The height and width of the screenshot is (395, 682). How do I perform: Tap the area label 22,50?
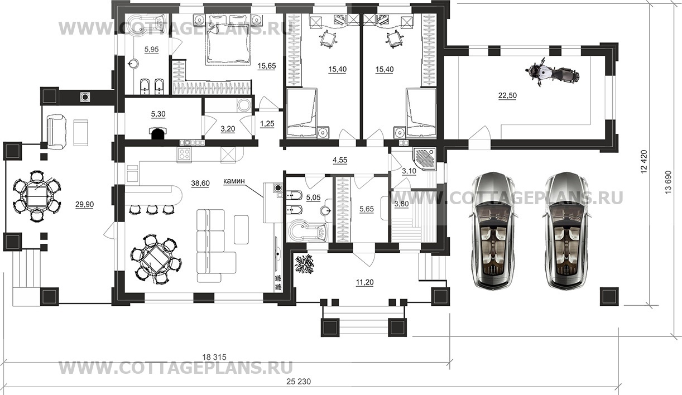click(507, 95)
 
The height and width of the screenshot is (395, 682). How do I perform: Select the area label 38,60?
click(200, 183)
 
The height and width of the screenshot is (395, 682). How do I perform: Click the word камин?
click(234, 181)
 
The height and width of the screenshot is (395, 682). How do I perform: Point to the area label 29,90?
click(84, 205)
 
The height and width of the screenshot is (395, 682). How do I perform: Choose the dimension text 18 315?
click(214, 357)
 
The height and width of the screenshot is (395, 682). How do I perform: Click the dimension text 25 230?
click(299, 381)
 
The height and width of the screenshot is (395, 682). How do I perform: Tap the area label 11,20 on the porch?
click(365, 283)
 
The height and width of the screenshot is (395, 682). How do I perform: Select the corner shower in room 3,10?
click(425, 159)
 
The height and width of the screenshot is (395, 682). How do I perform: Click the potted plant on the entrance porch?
click(304, 264)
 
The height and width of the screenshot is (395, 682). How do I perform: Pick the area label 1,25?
click(267, 124)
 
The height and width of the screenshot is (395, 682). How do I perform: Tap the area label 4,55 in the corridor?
click(340, 160)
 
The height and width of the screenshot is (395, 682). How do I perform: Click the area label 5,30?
click(159, 114)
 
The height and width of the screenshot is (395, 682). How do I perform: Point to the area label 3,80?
click(402, 204)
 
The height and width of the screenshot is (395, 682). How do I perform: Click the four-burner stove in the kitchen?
click(184, 155)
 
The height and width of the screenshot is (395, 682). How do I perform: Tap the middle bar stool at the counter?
click(152, 210)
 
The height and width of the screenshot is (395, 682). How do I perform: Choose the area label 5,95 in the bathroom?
click(151, 49)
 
